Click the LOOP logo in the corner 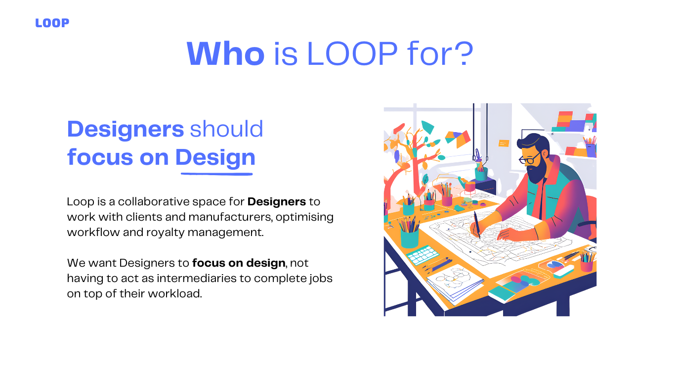(x=52, y=23)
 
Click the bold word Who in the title (x=226, y=54)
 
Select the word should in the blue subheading (x=227, y=129)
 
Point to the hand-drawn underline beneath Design (x=216, y=174)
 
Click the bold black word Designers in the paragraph (x=277, y=201)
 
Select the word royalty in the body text (x=166, y=233)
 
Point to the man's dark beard (x=538, y=169)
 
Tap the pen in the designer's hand (x=477, y=225)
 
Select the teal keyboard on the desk (x=422, y=255)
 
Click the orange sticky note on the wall (x=504, y=143)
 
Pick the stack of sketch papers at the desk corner (x=455, y=284)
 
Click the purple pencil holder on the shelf (x=591, y=150)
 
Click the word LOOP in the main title (x=352, y=54)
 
